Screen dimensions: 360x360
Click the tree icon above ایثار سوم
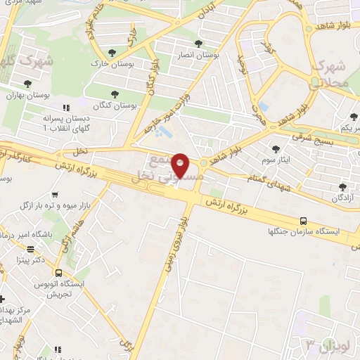pyautogui.click(x=276, y=148)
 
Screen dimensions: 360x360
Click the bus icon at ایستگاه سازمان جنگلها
pyautogui.click(x=303, y=220)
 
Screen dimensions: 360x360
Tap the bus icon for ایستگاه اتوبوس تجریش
pyautogui.click(x=58, y=273)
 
